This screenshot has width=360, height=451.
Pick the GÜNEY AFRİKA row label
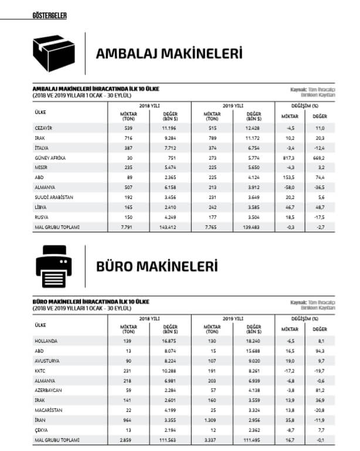[x=50, y=157]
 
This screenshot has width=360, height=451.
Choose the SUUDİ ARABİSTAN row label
[x=54, y=197]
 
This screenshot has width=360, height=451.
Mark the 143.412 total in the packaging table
[x=169, y=227]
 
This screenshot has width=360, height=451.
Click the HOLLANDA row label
[x=46, y=340]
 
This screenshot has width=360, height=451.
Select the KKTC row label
[x=40, y=370]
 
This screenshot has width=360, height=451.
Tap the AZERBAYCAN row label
[x=49, y=390]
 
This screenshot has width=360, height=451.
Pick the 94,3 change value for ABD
[x=321, y=350]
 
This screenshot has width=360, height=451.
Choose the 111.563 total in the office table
[x=169, y=440]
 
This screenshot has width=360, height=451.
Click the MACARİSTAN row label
[x=49, y=410]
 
